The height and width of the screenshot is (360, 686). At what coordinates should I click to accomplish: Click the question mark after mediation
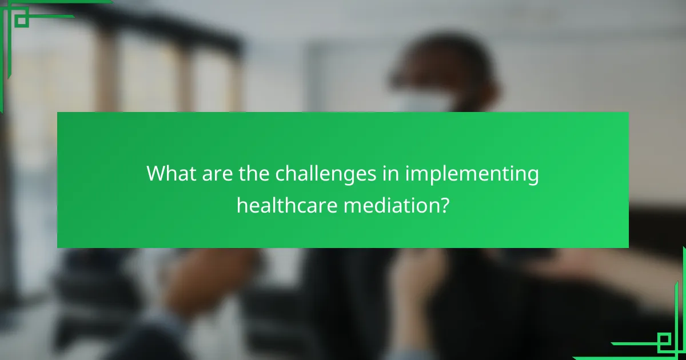(x=444, y=205)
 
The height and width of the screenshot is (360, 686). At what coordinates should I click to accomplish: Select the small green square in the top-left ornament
(x=21, y=20)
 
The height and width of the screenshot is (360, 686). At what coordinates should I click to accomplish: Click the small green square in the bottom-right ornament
(x=664, y=341)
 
